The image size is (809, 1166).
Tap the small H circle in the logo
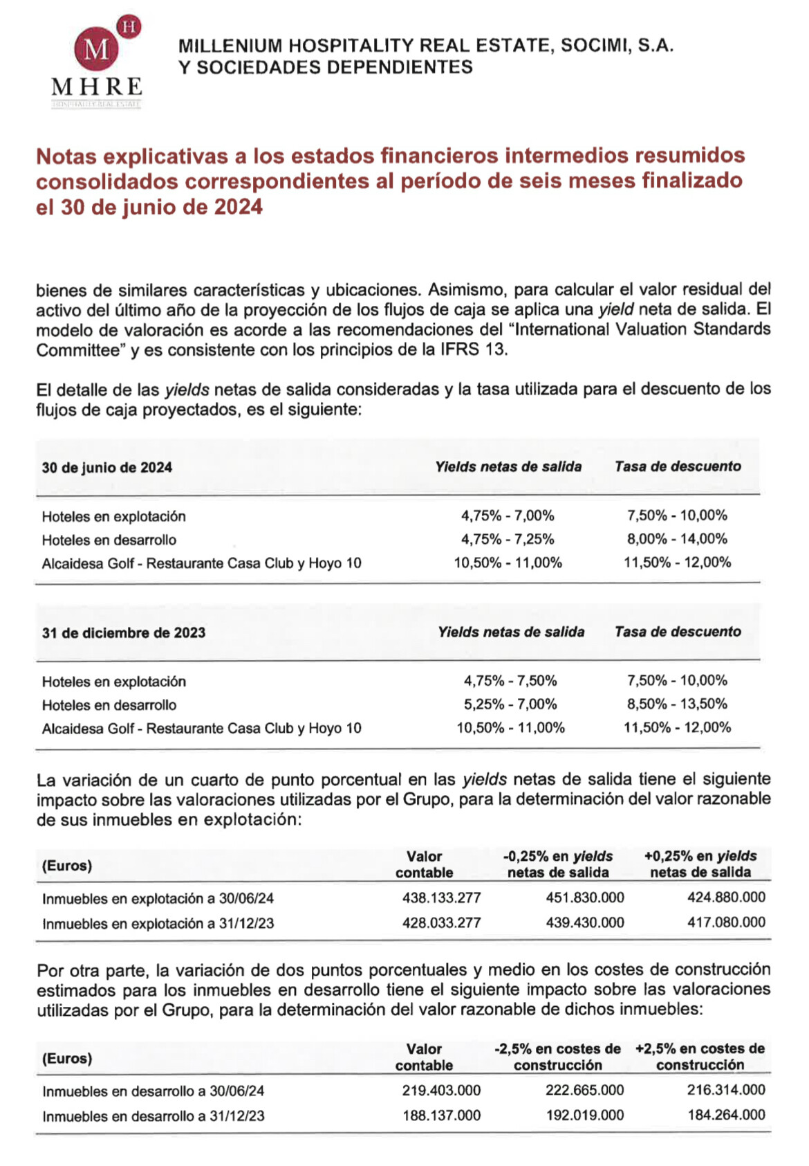click(129, 26)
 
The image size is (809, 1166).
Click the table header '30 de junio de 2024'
click(107, 467)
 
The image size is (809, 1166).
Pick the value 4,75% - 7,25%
click(508, 539)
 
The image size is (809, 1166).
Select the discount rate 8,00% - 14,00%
click(677, 538)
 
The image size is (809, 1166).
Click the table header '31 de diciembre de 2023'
click(124, 632)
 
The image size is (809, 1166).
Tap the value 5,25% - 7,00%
click(510, 704)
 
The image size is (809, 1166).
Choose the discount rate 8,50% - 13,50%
click(677, 704)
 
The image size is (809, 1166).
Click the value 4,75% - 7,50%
click(510, 681)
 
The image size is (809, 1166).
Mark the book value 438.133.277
click(441, 898)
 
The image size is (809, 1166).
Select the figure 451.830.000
click(585, 898)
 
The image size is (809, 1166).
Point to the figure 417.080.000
click(726, 922)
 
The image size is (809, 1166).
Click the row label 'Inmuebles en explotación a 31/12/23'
click(158, 924)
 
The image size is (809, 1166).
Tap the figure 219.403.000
click(441, 1091)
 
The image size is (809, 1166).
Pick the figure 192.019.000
click(585, 1115)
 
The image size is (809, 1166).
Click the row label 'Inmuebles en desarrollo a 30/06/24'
click(153, 1092)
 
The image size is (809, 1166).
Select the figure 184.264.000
click(726, 1115)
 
